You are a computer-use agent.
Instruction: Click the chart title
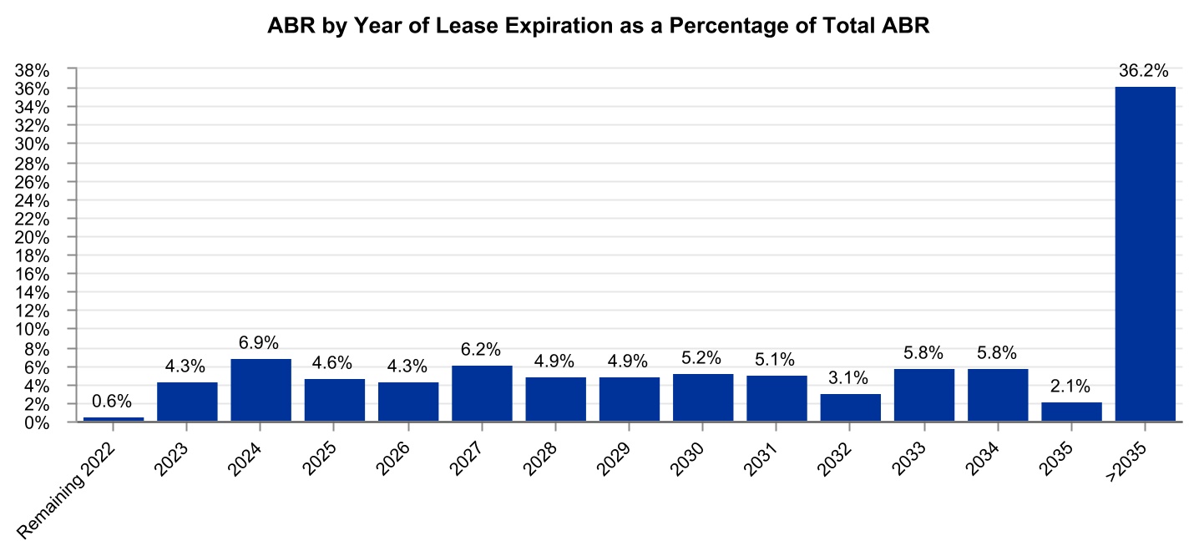(599, 27)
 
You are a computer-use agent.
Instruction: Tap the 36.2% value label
(1145, 72)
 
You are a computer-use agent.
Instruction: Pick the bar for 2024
(261, 391)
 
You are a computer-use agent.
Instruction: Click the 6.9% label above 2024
(261, 343)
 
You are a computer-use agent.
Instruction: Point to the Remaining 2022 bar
(114, 419)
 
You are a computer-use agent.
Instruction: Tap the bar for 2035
(1071, 412)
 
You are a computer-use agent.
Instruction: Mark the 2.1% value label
(1071, 387)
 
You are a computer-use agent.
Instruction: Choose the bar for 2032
(850, 407)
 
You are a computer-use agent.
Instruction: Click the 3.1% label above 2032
(850, 378)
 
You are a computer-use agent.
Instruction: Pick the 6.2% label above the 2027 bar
(482, 350)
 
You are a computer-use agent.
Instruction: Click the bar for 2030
(703, 398)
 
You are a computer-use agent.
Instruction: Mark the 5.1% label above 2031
(777, 360)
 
